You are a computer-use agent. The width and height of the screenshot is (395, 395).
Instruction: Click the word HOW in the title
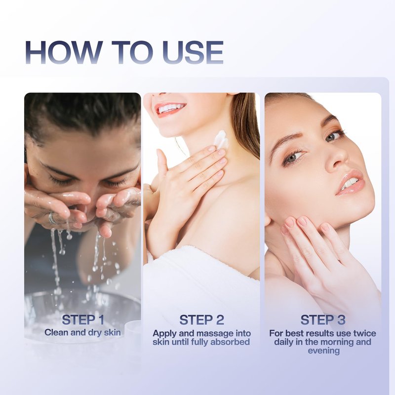[64, 52]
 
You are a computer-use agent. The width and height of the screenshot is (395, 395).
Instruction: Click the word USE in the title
[193, 52]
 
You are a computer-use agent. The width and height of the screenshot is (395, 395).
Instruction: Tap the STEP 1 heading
[83, 319]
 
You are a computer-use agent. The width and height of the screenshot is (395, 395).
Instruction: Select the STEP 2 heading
[201, 320]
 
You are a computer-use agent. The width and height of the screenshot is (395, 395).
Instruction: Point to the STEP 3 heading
[323, 320]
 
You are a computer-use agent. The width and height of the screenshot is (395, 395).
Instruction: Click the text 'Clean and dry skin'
[82, 332]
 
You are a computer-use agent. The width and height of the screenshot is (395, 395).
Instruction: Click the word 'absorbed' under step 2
[230, 342]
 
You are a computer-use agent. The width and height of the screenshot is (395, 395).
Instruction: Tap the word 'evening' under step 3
[324, 351]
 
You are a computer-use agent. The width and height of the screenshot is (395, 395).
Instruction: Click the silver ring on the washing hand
[52, 218]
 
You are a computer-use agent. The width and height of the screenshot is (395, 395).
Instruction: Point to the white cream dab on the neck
[221, 139]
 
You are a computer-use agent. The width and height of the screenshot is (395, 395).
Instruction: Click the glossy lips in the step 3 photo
[351, 183]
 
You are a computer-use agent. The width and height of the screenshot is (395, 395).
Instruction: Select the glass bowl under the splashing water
[82, 313]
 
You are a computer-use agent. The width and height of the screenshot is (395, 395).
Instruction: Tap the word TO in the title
[133, 52]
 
